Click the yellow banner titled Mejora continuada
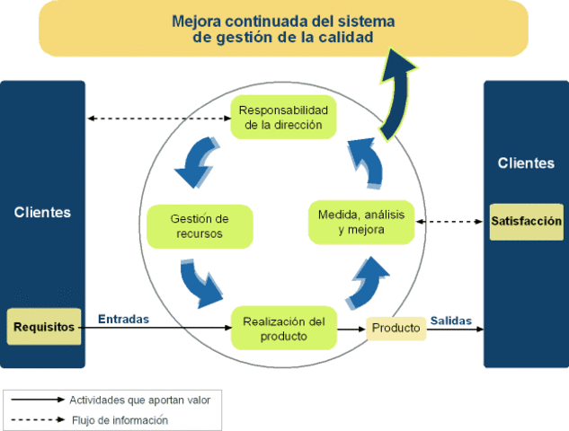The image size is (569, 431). tap(282, 27)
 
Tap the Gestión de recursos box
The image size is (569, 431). tap(200, 226)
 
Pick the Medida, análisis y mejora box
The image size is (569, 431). tap(361, 222)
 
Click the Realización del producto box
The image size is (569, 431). tap(284, 329)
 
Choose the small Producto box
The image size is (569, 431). tap(396, 328)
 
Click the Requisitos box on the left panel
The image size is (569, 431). tap(44, 327)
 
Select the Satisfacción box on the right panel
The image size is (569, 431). tap(526, 221)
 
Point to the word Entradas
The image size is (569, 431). tap(123, 319)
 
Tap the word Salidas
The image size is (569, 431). tap(450, 320)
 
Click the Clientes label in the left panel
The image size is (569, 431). tap(42, 213)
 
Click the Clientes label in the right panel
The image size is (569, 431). tap(526, 163)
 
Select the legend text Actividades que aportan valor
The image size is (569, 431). tap(140, 399)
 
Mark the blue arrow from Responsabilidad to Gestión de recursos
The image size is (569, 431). tap(196, 161)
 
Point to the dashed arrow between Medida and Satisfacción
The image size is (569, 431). tap(450, 222)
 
